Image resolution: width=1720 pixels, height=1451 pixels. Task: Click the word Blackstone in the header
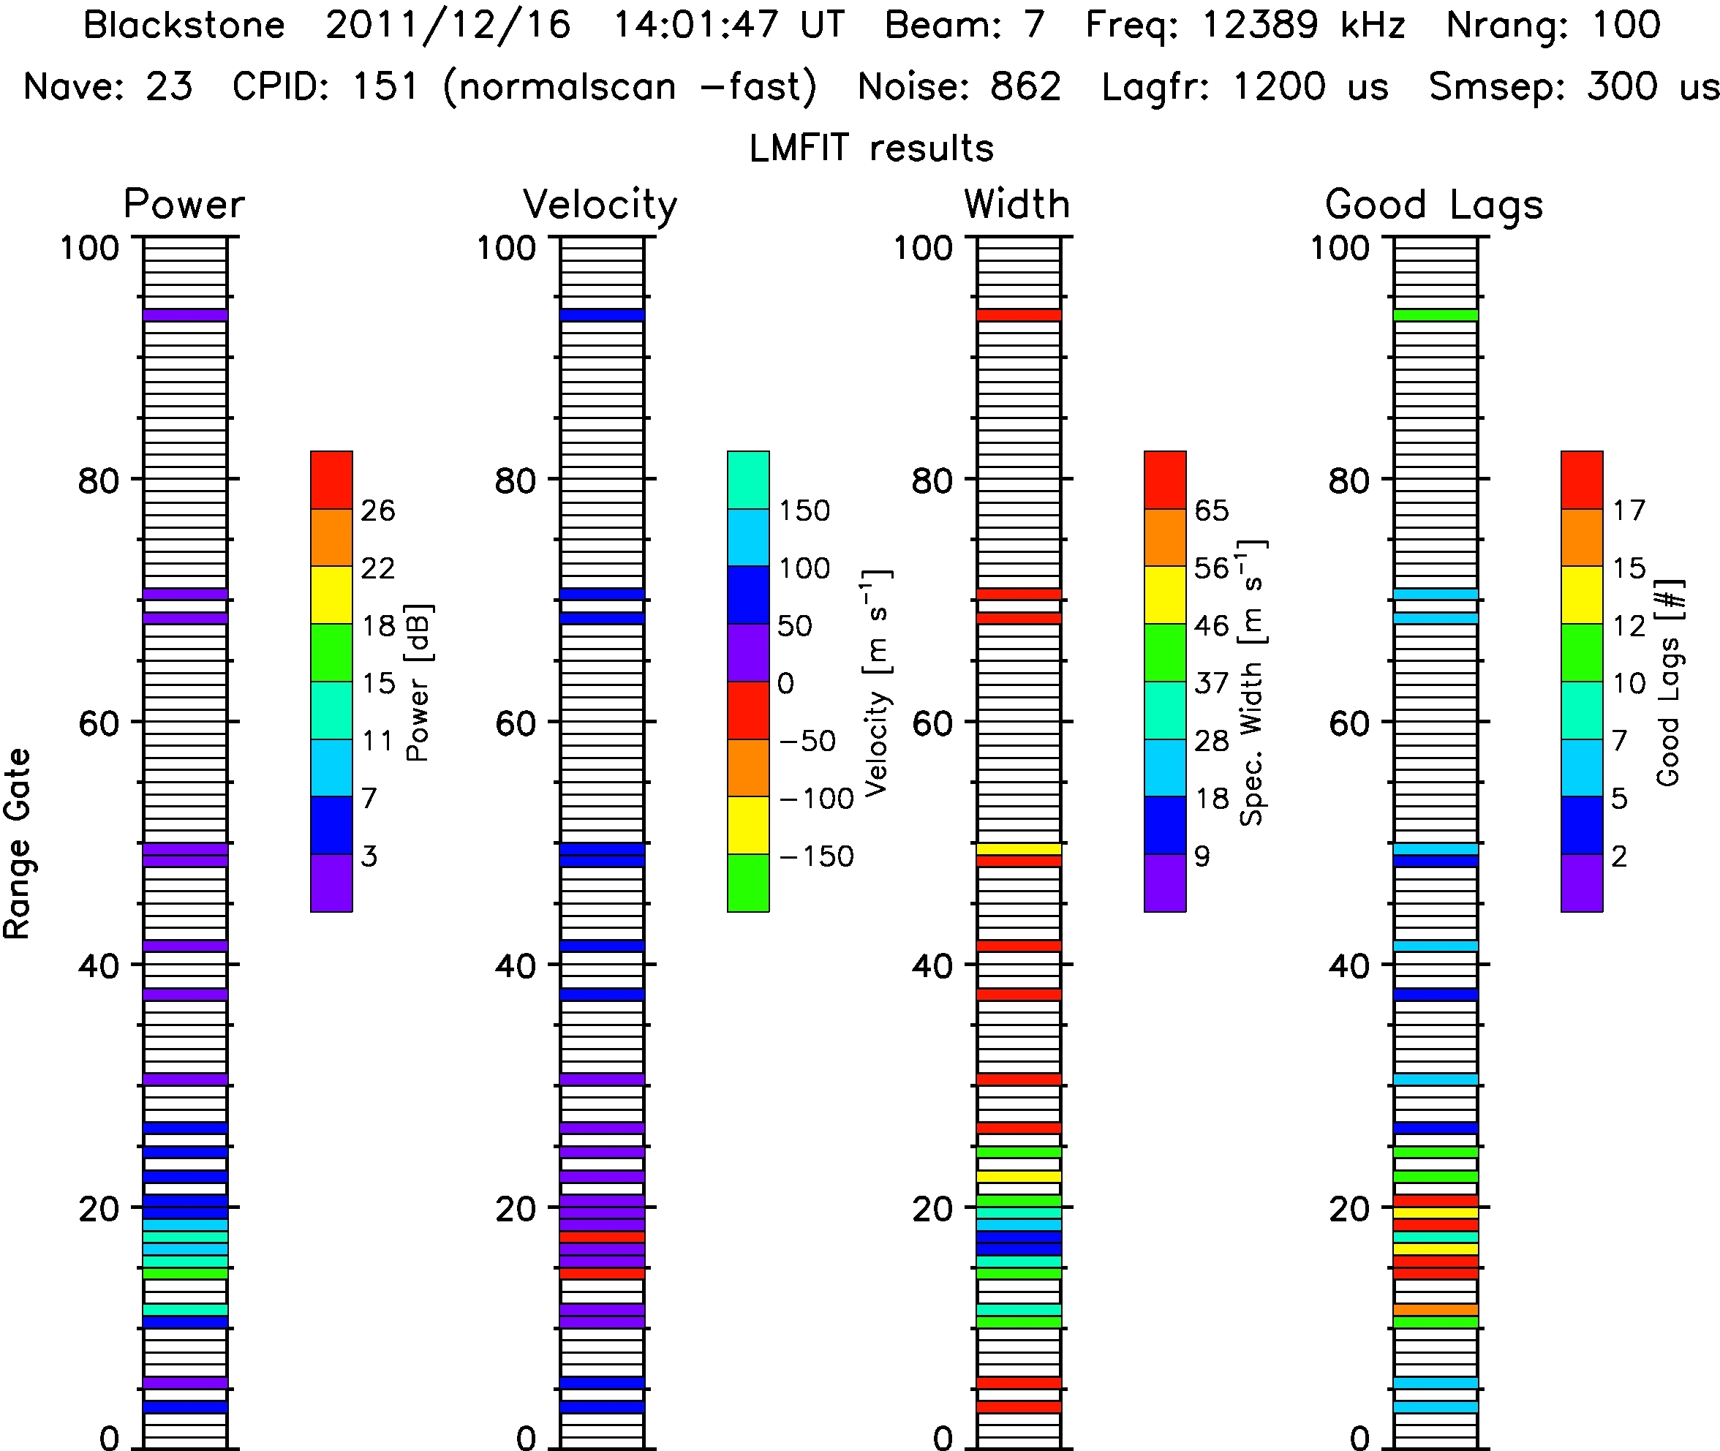point(184,26)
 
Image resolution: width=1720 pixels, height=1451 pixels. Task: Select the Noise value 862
point(1025,87)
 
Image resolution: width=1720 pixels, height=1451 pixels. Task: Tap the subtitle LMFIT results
point(871,149)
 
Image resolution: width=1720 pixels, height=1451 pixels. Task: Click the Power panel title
point(184,204)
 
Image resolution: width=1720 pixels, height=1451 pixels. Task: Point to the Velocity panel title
point(600,206)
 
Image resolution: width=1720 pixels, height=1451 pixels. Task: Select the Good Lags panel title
point(1434,206)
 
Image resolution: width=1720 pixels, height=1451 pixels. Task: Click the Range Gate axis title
point(18,844)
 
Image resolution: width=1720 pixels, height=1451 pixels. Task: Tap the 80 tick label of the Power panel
point(99,480)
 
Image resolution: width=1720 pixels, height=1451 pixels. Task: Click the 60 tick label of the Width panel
point(932,724)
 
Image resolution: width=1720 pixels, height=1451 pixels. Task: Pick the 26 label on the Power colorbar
point(377,510)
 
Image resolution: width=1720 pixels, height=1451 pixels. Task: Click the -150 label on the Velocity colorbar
point(816,856)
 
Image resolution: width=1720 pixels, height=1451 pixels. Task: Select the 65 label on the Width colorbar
point(1212,510)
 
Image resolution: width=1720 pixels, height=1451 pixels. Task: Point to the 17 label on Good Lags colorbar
point(1629,510)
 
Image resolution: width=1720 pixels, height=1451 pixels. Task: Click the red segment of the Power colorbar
point(331,480)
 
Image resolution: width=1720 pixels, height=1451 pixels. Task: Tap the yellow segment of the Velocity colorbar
point(747,825)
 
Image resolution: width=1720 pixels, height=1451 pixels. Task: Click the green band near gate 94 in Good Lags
point(1436,315)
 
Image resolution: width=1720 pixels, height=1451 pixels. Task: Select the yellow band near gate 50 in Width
point(1019,849)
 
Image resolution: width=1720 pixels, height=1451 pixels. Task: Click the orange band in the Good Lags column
point(1436,1311)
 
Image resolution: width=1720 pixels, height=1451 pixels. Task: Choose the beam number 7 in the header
point(1033,26)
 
